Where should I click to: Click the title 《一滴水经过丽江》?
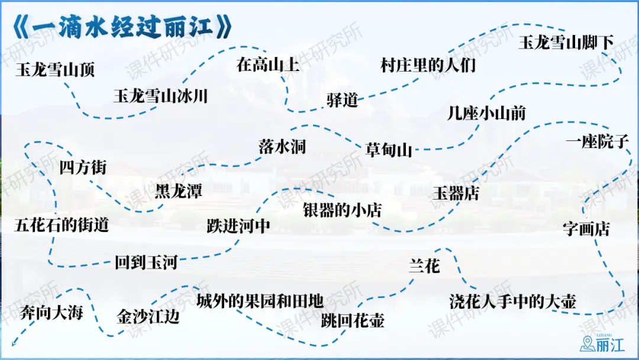[x=121, y=26]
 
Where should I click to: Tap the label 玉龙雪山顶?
[x=55, y=70]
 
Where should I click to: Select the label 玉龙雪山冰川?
[x=160, y=96]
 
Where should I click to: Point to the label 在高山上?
[x=268, y=65]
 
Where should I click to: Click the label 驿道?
[x=343, y=100]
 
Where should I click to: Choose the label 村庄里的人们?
[x=428, y=65]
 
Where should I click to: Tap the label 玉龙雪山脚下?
[x=566, y=43]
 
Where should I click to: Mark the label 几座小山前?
[x=486, y=113]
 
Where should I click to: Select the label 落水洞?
[x=282, y=147]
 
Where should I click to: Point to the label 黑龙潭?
[x=179, y=191]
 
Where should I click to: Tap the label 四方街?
[x=83, y=168]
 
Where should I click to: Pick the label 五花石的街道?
[x=62, y=225]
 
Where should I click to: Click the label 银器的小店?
[x=343, y=210]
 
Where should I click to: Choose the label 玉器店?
[x=456, y=193]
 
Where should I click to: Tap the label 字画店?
[x=586, y=229]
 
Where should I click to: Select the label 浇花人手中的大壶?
[x=512, y=301]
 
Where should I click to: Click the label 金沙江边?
[x=148, y=317]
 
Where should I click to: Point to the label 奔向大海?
[x=51, y=312]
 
